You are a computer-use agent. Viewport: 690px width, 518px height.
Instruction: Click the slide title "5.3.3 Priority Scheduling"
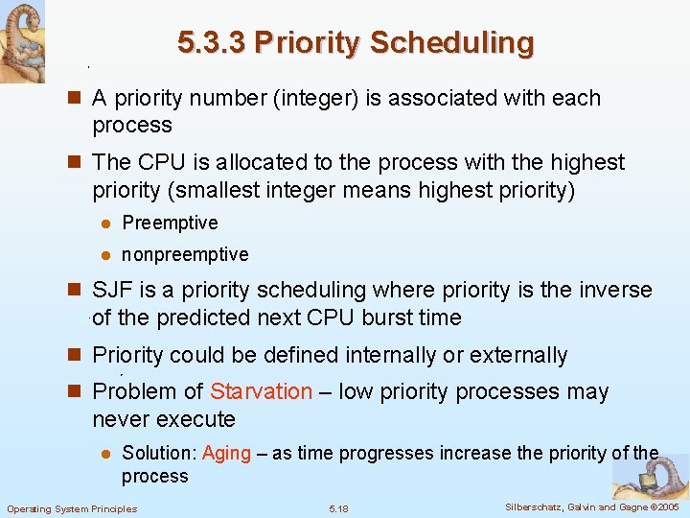click(x=356, y=42)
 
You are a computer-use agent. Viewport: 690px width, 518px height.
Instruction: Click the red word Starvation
click(x=261, y=391)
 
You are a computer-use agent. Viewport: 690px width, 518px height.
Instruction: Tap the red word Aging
click(x=226, y=453)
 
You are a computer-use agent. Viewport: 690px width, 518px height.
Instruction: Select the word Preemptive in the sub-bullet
click(x=170, y=223)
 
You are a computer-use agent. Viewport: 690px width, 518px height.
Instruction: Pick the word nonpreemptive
click(x=185, y=254)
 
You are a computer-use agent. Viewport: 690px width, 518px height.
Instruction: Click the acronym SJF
click(x=112, y=290)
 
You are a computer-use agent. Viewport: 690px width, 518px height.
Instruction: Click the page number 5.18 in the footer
click(x=338, y=508)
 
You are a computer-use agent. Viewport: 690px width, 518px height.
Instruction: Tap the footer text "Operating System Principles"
click(x=72, y=508)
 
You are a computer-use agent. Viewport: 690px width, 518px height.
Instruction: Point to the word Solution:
click(x=159, y=453)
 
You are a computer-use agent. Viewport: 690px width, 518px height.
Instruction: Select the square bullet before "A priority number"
click(x=76, y=98)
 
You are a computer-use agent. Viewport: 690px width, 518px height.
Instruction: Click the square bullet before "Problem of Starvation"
click(x=76, y=391)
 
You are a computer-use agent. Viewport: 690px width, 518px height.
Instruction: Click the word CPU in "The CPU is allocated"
click(x=157, y=162)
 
